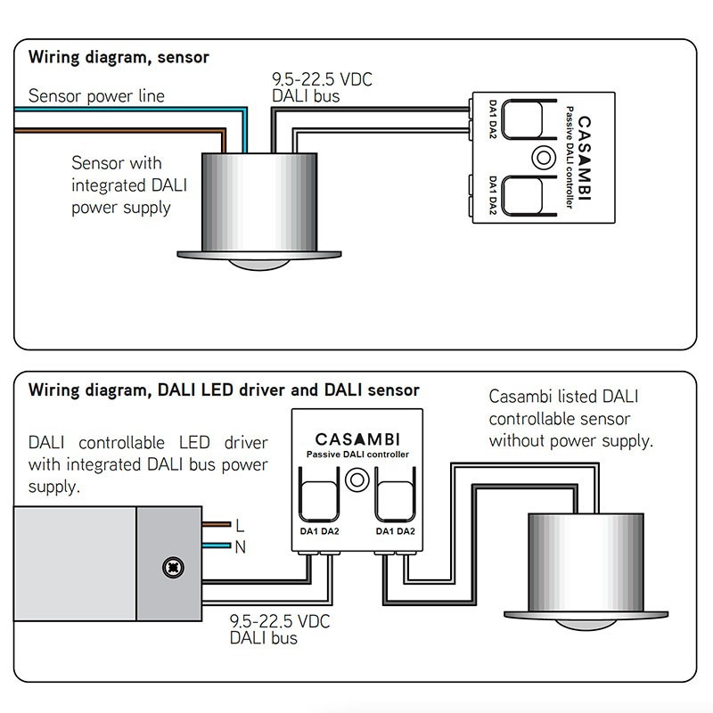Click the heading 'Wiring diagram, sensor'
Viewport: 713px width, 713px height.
click(119, 58)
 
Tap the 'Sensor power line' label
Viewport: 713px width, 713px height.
click(96, 96)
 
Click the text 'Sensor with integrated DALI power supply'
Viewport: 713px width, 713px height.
click(121, 185)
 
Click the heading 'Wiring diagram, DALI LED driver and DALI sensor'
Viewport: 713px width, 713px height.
click(224, 390)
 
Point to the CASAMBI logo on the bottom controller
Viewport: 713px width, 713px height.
click(357, 438)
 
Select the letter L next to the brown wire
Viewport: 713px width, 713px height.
click(238, 526)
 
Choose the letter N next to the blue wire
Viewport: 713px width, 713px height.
click(239, 547)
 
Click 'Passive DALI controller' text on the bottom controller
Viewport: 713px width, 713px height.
click(357, 455)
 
